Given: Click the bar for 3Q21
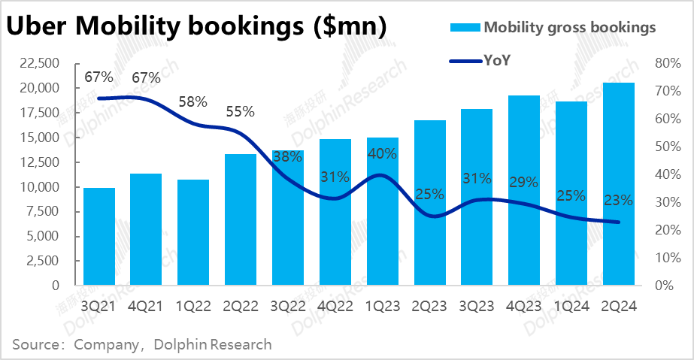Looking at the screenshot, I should point(99,237).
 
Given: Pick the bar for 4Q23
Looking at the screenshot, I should point(525,191).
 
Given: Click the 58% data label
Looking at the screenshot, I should point(192,102).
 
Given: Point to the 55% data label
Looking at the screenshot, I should point(240,111).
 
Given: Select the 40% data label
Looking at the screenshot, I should point(383,155).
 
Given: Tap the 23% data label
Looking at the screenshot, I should point(618,201).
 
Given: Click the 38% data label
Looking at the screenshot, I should point(287,157).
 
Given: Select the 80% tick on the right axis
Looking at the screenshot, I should point(668,64).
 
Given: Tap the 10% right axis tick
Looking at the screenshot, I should point(668,258).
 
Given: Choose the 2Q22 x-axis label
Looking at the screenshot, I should point(240,307).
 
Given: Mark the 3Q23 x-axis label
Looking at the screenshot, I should point(477,307).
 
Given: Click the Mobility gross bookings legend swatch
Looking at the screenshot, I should point(463,28).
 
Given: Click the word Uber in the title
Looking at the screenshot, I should point(38,27).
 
